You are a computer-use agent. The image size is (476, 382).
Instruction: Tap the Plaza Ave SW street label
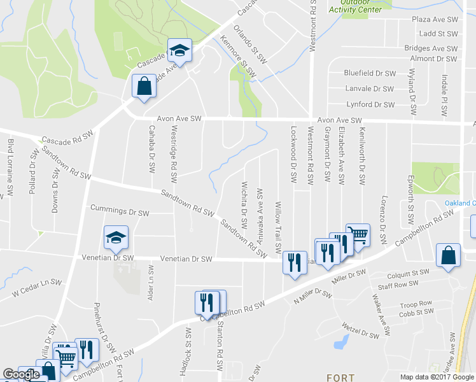435,20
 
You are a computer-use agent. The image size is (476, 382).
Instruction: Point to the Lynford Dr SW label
370,104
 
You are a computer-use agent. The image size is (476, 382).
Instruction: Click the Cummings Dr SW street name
120,209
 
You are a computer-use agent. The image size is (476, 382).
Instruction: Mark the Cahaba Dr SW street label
151,150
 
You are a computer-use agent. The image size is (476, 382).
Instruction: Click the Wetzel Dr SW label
361,333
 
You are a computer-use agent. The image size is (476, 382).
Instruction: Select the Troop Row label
416,304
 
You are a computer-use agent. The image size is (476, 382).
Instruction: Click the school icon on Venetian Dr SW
116,238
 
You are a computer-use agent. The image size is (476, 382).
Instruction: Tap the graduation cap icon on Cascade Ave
180,51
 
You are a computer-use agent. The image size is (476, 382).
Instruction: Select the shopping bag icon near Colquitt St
449,256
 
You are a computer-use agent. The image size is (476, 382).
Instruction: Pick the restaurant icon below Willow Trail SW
294,262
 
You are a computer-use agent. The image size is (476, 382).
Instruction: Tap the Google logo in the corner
21,375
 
